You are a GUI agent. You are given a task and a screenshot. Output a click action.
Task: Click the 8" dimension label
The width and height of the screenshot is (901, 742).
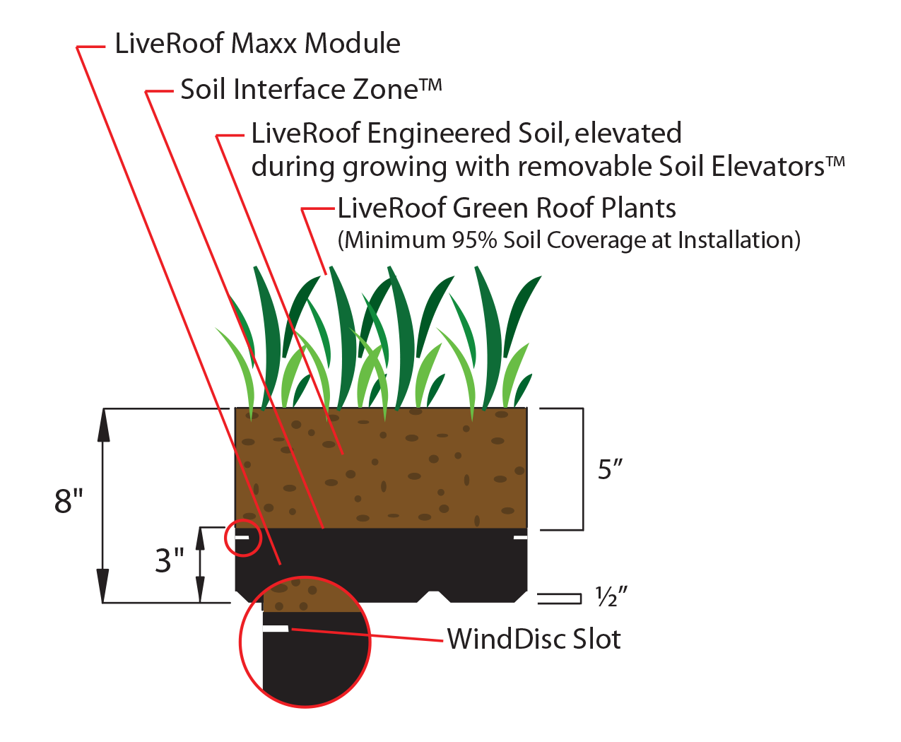pyautogui.click(x=69, y=501)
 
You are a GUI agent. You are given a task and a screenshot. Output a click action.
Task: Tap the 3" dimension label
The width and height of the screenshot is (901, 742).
pyautogui.click(x=169, y=560)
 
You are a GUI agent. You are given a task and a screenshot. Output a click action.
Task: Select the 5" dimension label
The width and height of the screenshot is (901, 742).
pyautogui.click(x=610, y=469)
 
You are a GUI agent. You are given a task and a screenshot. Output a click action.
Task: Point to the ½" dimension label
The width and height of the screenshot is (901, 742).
pyautogui.click(x=611, y=598)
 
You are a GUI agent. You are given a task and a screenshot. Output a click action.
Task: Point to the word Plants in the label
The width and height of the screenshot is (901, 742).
pyautogui.click(x=638, y=208)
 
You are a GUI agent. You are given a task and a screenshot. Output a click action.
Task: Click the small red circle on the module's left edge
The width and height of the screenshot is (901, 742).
pyautogui.click(x=242, y=538)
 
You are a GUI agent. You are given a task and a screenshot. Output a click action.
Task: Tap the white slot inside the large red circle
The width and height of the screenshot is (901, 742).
pyautogui.click(x=276, y=628)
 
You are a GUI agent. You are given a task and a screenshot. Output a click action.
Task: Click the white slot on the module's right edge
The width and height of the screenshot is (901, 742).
pyautogui.click(x=520, y=538)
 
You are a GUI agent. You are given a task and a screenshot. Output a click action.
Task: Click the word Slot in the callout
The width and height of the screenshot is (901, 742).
pyautogui.click(x=597, y=640)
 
